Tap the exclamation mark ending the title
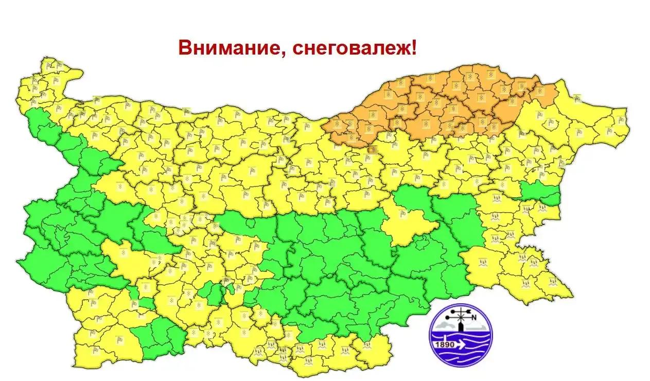pyautogui.click(x=415, y=48)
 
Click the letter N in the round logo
pyautogui.click(x=474, y=317)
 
